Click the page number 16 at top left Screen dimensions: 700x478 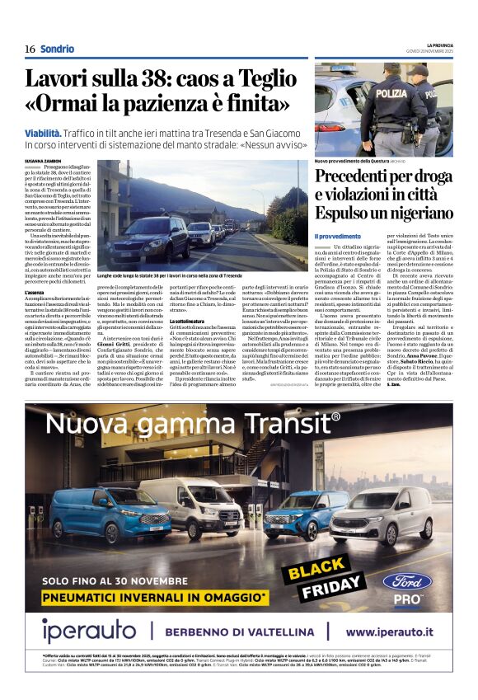point(30,49)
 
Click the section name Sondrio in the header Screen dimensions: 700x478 point(57,49)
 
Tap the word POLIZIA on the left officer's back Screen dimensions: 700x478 point(391,93)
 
